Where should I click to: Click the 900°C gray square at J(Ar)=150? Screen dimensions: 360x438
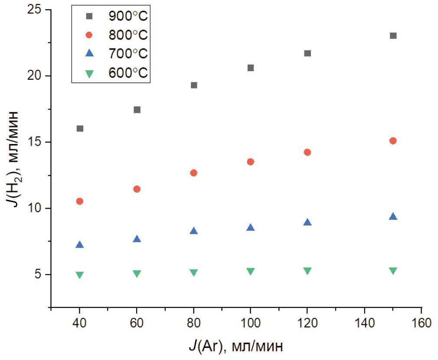[x=393, y=36]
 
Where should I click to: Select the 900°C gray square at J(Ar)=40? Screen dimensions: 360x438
[x=80, y=128]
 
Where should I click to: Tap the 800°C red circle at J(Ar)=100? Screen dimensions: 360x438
[x=250, y=162]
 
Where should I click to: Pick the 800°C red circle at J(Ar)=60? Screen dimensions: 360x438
[x=137, y=189]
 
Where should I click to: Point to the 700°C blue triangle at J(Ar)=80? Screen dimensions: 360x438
[x=194, y=231]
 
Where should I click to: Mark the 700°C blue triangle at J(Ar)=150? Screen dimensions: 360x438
[x=393, y=216]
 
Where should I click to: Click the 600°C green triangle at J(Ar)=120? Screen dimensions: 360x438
[x=307, y=271]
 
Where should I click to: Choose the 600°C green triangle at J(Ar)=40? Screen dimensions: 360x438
[x=80, y=275]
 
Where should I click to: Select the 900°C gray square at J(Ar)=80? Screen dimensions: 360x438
[x=194, y=85]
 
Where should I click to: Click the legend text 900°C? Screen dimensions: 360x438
[x=128, y=16]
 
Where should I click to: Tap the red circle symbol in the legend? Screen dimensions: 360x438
[x=89, y=35]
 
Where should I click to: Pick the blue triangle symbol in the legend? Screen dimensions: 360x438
[x=89, y=53]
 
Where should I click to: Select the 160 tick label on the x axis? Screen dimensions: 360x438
[x=421, y=323]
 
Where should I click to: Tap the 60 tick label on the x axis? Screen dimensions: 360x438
[x=137, y=323]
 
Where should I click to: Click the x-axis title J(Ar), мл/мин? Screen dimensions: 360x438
[x=236, y=346]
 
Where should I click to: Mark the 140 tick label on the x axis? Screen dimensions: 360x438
[x=364, y=323]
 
